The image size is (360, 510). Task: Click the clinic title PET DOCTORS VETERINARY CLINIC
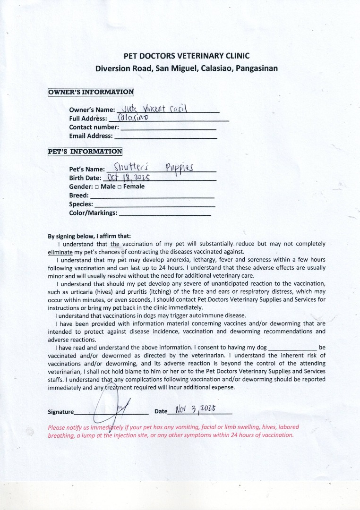coord(187,56)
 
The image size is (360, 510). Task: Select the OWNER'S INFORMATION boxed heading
coord(91,92)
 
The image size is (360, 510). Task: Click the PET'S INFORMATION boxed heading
coord(85,152)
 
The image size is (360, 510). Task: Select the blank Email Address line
coord(166,136)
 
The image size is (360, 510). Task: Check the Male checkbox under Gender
coord(97,187)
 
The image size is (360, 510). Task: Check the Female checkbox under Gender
coord(120,187)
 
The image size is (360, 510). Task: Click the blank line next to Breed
coord(152,196)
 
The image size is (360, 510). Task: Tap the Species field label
coord(81,204)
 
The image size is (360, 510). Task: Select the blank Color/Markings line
coord(165,213)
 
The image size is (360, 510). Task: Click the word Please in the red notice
coord(58,427)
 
